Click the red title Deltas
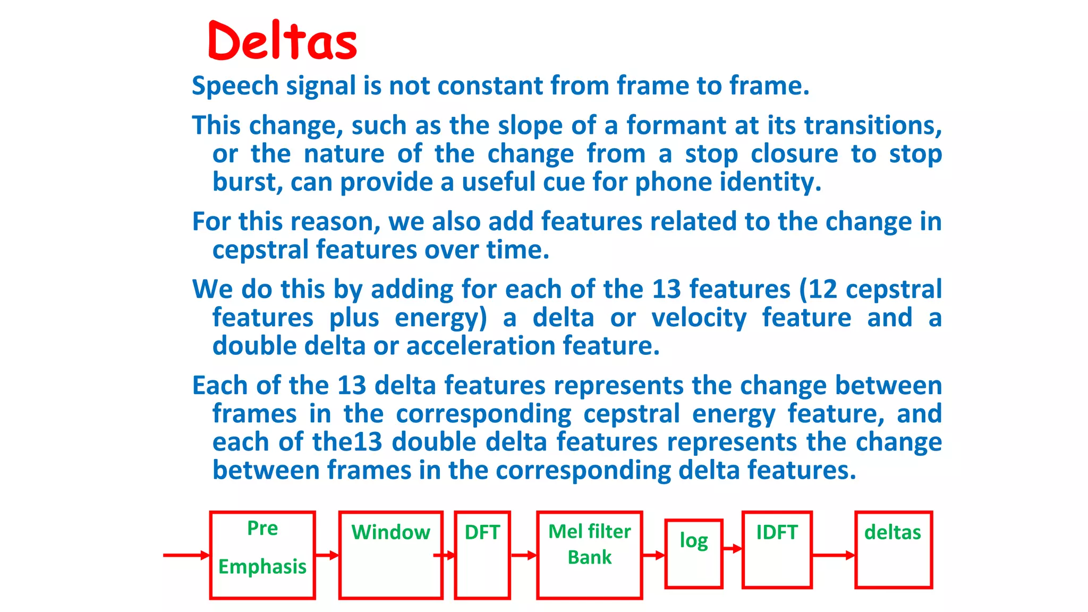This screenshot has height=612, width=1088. [283, 40]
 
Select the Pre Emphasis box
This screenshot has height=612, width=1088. [262, 555]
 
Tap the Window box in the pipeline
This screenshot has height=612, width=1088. [391, 555]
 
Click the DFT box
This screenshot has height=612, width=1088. [482, 555]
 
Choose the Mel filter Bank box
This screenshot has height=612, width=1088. [589, 555]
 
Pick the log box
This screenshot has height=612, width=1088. [694, 554]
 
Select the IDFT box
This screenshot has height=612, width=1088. [777, 550]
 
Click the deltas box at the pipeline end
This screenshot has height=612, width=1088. [894, 550]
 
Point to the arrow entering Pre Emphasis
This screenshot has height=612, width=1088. [186, 555]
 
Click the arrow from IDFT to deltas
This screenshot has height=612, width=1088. [833, 555]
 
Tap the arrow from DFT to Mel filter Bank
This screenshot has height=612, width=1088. [523, 555]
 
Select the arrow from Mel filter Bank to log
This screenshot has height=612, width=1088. [653, 555]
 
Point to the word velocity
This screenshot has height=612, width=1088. [699, 318]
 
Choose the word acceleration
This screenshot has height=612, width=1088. [481, 346]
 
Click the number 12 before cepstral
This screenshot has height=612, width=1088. [822, 290]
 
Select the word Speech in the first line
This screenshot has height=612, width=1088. [235, 86]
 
